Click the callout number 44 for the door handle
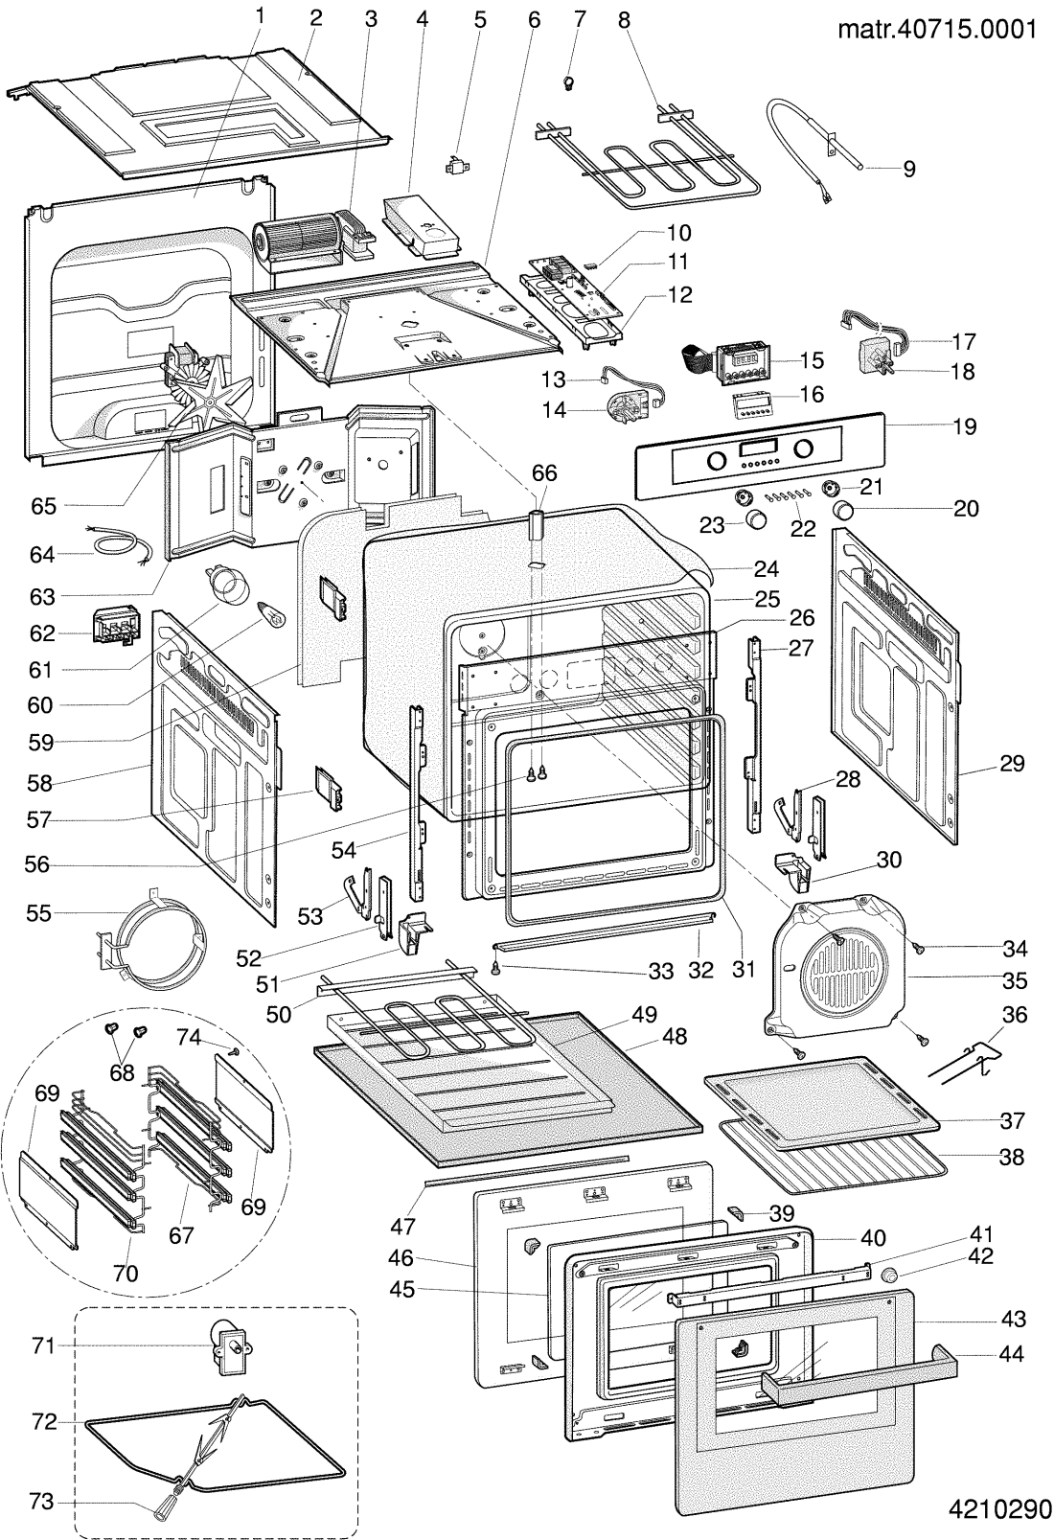point(1011,1354)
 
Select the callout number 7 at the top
point(578,18)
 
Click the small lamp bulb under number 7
point(567,83)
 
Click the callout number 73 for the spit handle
point(41,1502)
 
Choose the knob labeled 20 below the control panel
point(845,508)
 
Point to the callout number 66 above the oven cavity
point(543,473)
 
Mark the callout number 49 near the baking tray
point(644,1014)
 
